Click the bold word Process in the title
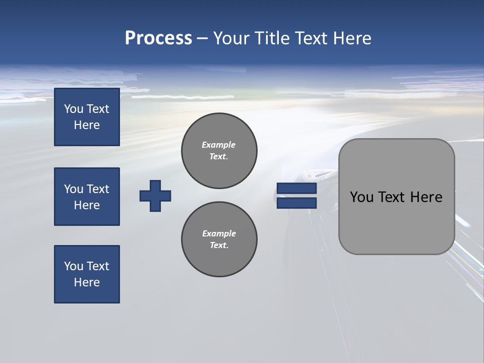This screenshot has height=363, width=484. (158, 38)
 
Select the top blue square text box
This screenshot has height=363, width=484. (87, 117)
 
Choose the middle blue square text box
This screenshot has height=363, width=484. (87, 197)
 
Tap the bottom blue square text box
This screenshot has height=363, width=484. (87, 274)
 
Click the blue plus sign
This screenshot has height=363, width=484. (155, 196)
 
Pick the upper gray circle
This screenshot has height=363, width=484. (219, 151)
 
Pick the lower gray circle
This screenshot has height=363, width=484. (219, 239)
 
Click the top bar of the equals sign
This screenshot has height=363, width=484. (296, 189)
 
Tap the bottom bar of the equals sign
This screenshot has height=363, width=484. (296, 203)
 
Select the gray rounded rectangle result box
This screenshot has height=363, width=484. (396, 222)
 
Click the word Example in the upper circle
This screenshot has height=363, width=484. (219, 145)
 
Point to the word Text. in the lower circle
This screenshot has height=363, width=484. (219, 246)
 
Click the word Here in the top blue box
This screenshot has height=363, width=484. (87, 125)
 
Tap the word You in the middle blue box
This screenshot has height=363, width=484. (73, 189)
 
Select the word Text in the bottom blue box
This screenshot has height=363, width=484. (97, 266)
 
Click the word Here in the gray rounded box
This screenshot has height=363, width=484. (426, 197)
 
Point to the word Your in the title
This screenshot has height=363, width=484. (231, 38)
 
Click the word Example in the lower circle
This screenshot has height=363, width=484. (219, 233)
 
